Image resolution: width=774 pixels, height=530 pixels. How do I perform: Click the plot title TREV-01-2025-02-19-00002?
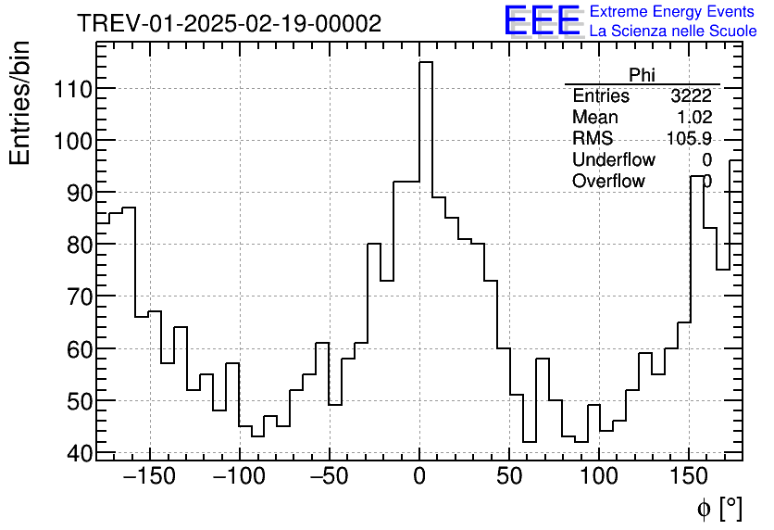[229, 24]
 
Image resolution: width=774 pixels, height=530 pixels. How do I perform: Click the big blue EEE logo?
[542, 20]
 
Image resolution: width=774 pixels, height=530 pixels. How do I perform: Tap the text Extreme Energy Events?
[672, 12]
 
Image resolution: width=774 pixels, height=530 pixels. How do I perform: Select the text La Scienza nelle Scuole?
[672, 32]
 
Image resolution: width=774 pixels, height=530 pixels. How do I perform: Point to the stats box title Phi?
[642, 75]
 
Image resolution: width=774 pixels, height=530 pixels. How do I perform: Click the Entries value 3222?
[691, 96]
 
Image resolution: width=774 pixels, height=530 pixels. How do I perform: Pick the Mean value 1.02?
[694, 118]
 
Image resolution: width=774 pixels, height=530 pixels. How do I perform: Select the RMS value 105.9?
[689, 139]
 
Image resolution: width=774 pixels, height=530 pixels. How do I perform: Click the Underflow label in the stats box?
[614, 160]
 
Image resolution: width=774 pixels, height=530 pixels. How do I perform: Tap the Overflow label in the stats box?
[608, 182]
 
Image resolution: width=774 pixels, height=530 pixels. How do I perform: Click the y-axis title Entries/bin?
[20, 103]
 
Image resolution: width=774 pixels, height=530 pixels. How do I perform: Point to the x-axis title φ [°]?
[719, 508]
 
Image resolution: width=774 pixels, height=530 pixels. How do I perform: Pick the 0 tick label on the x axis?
[419, 478]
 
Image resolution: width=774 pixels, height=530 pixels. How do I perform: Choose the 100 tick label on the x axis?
[599, 478]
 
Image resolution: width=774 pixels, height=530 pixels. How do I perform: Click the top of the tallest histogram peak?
[426, 62]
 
